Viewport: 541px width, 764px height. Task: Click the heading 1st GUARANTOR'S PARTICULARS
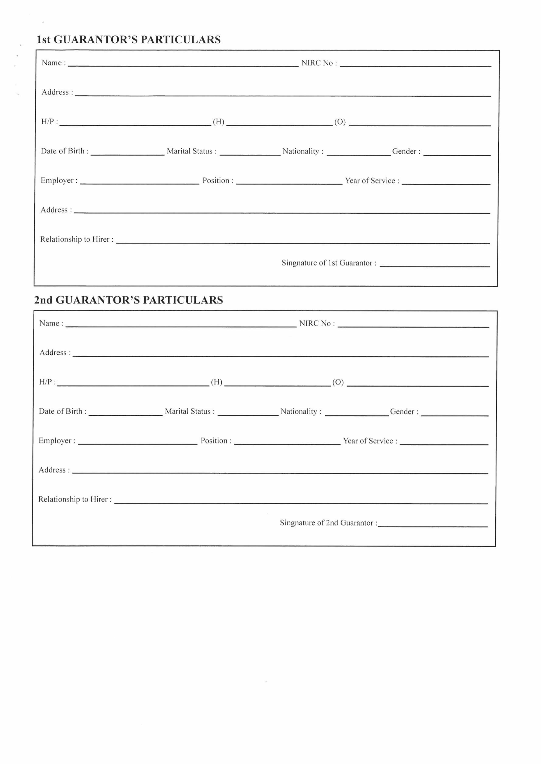coord(129,40)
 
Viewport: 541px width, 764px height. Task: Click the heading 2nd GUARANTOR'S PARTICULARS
coord(129,300)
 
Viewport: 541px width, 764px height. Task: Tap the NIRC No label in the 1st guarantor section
coord(319,63)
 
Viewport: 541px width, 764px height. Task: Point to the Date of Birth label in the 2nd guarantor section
coord(63,412)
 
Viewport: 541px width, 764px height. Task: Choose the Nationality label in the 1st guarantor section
coord(303,151)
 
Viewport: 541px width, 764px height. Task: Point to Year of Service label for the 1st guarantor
coord(372,181)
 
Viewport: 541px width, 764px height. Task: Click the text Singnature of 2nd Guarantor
coord(328,523)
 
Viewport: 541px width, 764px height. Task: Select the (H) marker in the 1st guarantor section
coord(219,122)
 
